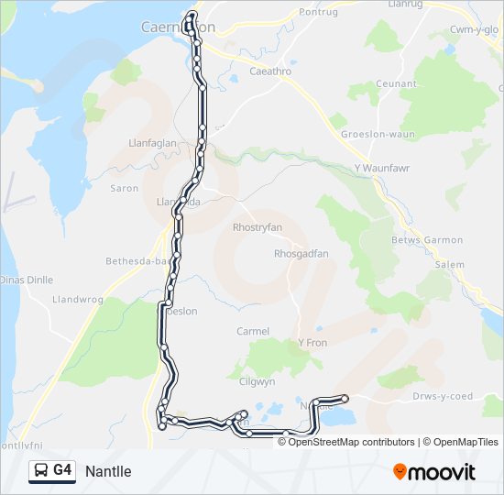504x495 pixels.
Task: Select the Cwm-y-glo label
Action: (473, 29)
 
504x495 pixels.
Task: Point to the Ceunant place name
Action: (396, 83)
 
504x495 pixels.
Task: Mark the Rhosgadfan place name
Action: (301, 254)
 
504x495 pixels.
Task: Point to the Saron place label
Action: (124, 188)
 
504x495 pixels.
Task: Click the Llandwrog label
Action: (79, 299)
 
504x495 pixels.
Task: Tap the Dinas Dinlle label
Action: (27, 280)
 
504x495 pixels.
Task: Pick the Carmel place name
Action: (253, 331)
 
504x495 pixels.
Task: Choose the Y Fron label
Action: (312, 343)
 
